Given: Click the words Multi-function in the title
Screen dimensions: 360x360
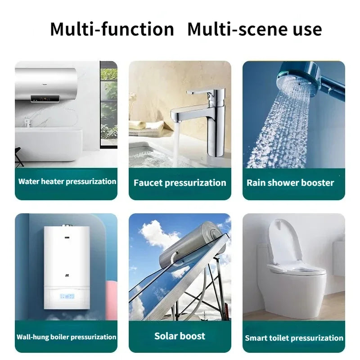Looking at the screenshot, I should (112, 29).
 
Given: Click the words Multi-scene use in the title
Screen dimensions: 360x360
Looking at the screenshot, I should (254, 29).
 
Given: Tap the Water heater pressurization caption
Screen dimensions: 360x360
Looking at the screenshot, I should (67, 182).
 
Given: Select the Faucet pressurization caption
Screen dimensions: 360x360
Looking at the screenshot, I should (180, 183).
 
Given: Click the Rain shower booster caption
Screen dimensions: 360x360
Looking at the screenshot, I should (290, 183).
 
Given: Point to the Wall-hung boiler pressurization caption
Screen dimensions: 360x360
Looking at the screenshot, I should (67, 337).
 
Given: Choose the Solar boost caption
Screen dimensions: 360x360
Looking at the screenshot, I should (180, 336).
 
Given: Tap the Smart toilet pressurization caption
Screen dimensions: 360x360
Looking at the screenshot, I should (294, 337).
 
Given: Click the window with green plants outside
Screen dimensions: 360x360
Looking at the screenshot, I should (108, 103).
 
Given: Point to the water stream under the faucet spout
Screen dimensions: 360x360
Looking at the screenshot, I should (176, 144).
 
